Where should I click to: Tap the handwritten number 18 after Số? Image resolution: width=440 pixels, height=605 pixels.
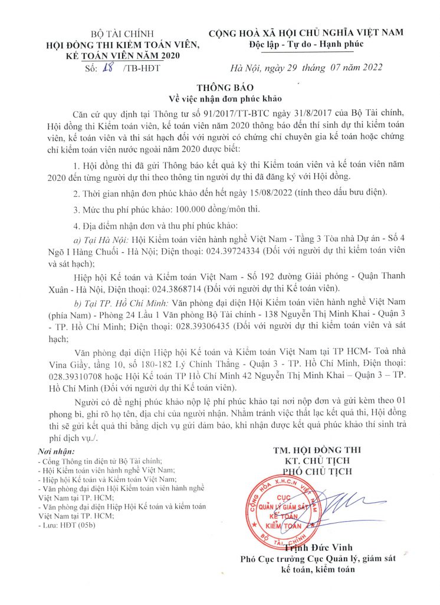108,68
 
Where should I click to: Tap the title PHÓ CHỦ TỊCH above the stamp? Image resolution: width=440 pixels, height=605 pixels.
314,471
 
